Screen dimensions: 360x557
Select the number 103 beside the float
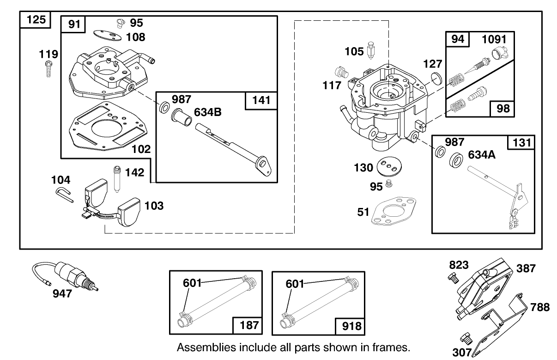154,206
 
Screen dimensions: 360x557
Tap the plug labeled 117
341,72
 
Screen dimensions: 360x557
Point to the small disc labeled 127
436,77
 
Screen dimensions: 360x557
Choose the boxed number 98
503,109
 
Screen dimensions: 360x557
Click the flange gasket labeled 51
394,211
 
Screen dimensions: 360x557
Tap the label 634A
482,155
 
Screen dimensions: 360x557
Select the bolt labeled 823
453,277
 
